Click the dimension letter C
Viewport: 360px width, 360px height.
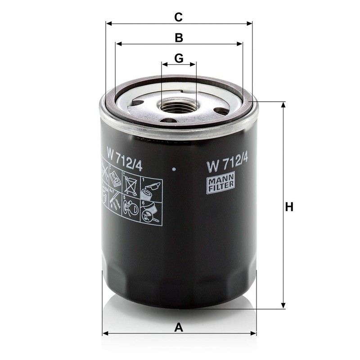coord(179,17)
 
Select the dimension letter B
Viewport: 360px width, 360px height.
coord(179,38)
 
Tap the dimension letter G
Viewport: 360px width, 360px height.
coord(179,58)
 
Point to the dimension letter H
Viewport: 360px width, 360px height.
coord(289,207)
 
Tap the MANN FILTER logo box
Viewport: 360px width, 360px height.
coord(220,184)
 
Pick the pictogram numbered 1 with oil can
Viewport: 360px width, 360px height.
coord(151,187)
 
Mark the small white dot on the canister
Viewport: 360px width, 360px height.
coord(174,170)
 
